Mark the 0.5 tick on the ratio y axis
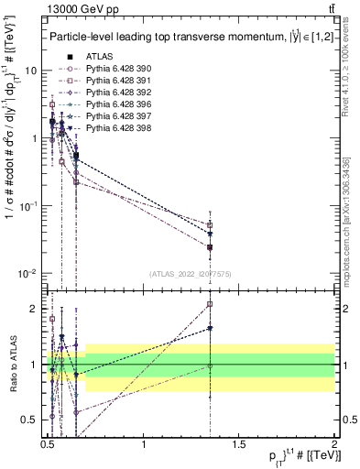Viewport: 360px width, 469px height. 30,418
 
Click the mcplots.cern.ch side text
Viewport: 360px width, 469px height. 352,220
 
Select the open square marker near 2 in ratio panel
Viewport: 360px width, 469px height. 211,304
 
